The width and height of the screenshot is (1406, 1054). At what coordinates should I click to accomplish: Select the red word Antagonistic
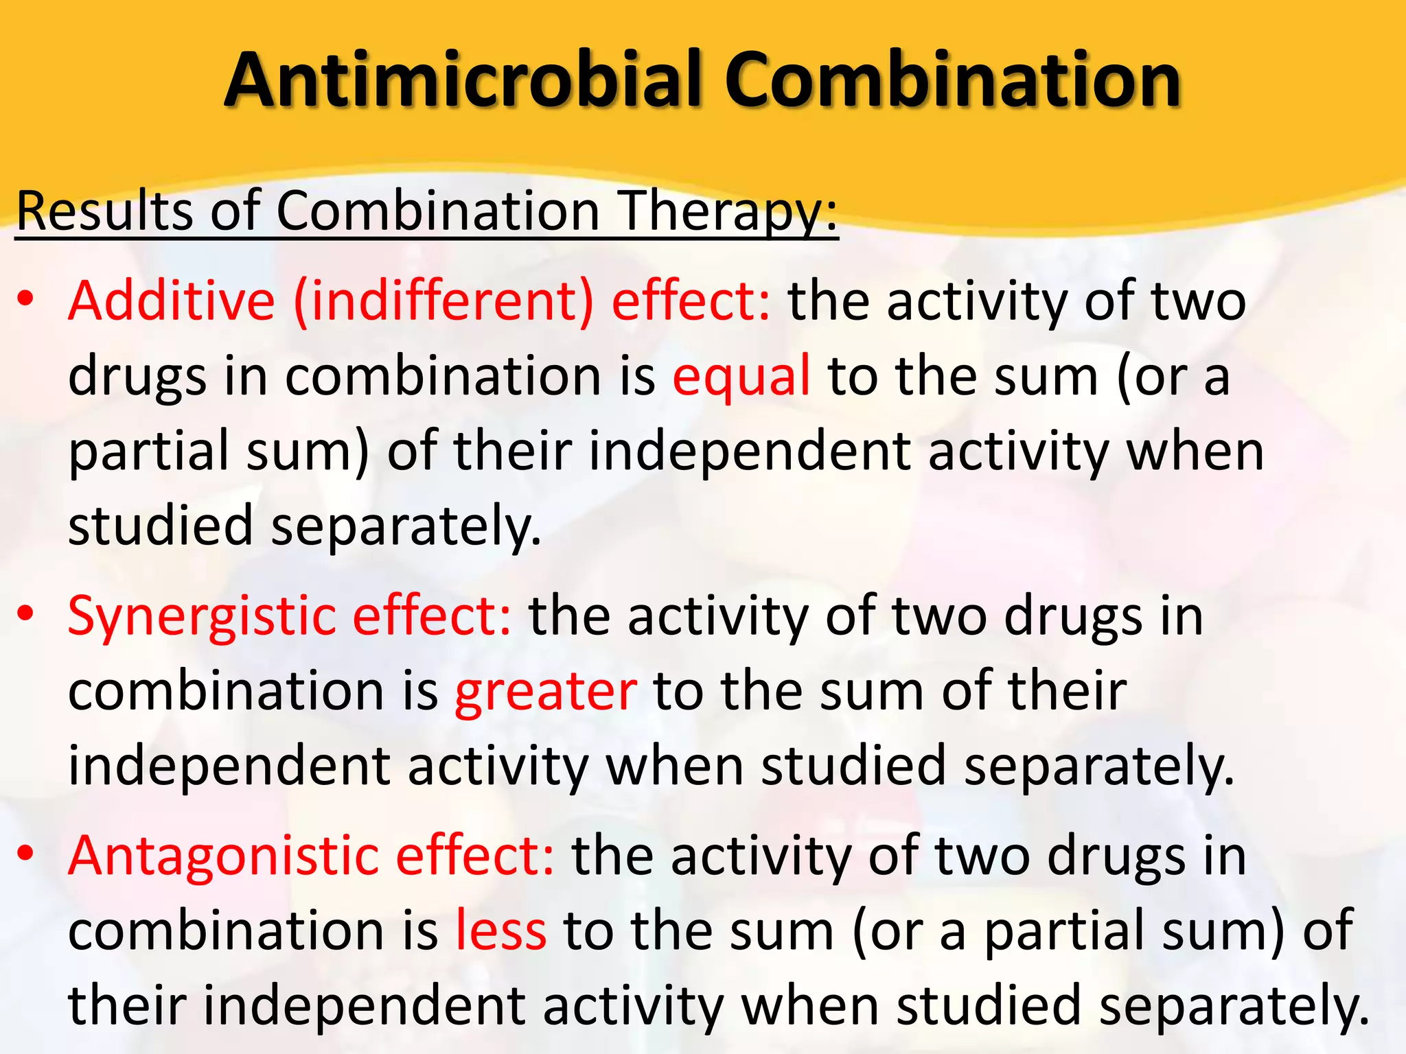(223, 856)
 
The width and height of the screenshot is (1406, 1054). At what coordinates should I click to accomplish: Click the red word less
(501, 930)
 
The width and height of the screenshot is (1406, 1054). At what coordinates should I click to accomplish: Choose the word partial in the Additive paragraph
(148, 452)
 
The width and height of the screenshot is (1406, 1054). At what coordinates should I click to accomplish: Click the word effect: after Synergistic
(432, 615)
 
